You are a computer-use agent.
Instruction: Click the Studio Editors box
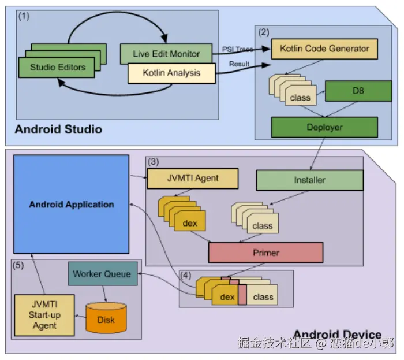(x=58, y=68)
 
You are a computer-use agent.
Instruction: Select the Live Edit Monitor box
(x=167, y=53)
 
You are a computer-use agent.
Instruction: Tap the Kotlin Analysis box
(x=171, y=73)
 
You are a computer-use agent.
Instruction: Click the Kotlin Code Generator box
(x=324, y=49)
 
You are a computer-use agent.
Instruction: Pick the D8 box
(x=358, y=91)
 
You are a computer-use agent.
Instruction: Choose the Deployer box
(x=324, y=127)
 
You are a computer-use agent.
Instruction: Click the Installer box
(x=310, y=180)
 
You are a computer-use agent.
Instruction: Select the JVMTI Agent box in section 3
(x=192, y=179)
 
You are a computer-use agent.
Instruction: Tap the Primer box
(x=265, y=253)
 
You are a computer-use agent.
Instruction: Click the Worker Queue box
(x=102, y=274)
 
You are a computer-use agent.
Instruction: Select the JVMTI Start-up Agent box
(x=44, y=315)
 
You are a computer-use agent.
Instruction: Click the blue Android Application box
(x=71, y=205)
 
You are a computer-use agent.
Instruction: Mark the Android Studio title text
(x=58, y=129)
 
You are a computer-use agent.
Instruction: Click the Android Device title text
(x=337, y=335)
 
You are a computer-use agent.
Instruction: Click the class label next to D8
(x=300, y=98)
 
